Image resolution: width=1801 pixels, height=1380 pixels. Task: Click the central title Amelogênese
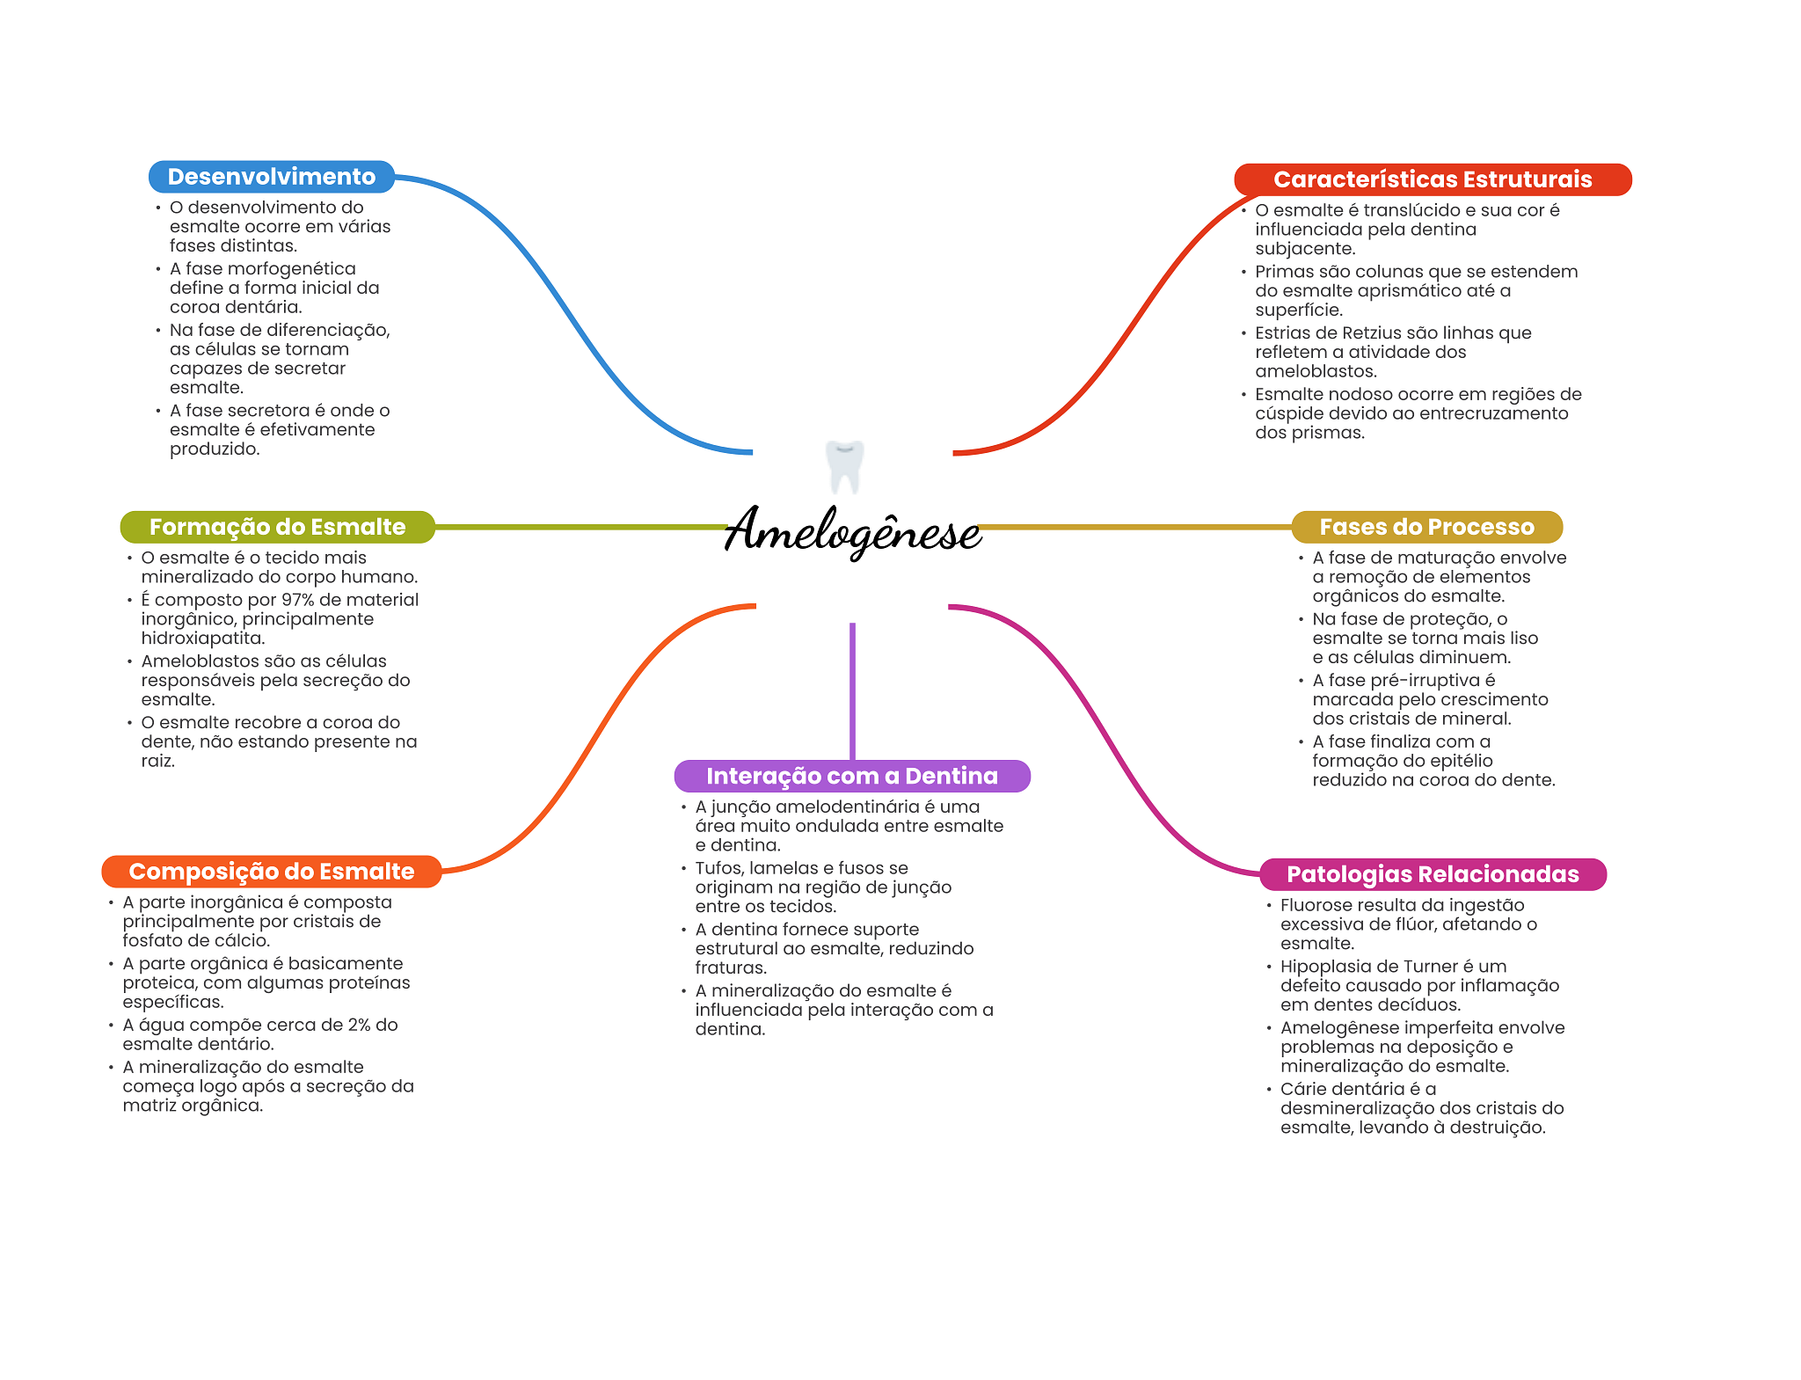coord(852,530)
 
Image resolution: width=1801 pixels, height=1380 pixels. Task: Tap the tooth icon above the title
coord(844,466)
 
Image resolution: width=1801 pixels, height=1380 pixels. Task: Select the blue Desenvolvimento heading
coord(271,177)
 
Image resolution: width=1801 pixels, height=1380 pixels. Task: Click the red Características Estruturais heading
coord(1432,179)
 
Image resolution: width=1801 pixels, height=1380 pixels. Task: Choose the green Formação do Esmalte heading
coord(277,527)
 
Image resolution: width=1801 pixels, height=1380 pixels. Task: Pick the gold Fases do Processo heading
coord(1426,527)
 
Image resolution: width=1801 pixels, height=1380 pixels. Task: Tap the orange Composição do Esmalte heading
coord(271,872)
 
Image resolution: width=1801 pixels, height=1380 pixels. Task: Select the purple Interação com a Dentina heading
coord(851,776)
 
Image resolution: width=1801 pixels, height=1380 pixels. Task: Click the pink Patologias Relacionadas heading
coord(1432,874)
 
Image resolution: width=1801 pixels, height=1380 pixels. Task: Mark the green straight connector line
coord(580,527)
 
